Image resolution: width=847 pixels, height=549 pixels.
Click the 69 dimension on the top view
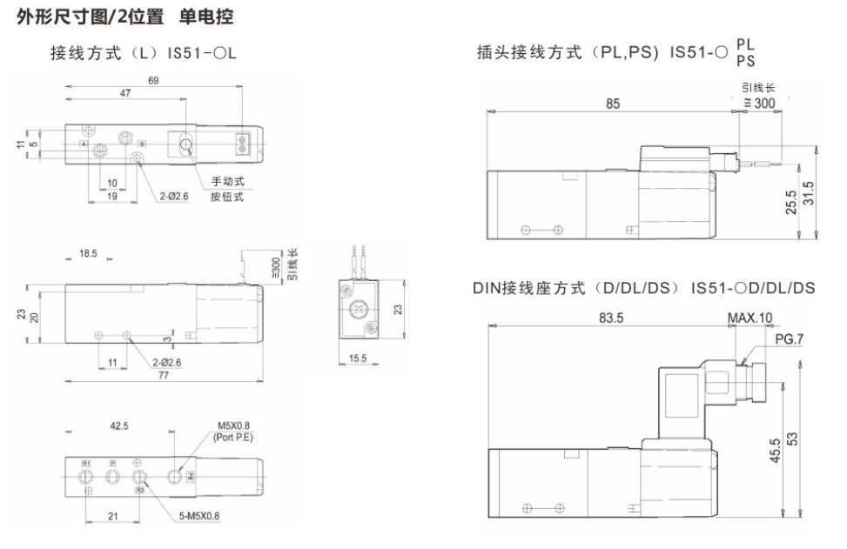point(153,80)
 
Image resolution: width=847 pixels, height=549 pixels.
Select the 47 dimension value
point(125,91)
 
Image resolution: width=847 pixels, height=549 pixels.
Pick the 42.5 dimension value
point(120,427)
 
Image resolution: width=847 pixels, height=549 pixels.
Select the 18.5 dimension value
point(88,254)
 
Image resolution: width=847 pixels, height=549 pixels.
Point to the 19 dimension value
point(112,197)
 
